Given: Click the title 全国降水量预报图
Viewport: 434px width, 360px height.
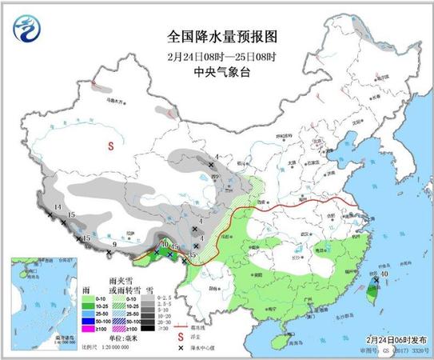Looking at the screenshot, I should [218, 37].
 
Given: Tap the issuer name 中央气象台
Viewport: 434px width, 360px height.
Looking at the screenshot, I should [217, 69].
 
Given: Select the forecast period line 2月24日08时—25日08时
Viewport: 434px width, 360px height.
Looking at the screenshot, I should [217, 54].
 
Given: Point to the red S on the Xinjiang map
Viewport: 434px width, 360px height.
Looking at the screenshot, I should [113, 146].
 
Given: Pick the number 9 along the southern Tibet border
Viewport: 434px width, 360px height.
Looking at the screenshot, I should [114, 245].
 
